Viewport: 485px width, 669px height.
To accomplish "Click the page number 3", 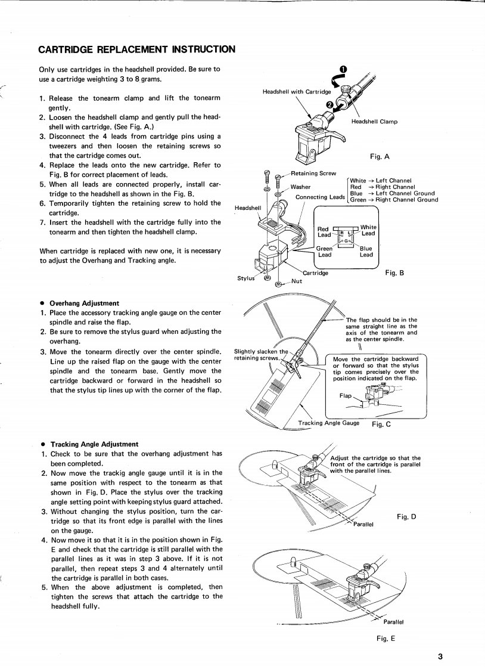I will pyautogui.click(x=440, y=656).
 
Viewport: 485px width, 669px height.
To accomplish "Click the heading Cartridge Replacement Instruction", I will pyautogui.click(x=136, y=48).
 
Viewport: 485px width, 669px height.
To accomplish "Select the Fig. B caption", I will pyautogui.click(x=394, y=273).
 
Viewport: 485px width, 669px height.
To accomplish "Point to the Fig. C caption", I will pyautogui.click(x=381, y=425).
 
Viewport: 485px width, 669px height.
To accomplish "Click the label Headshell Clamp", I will pyautogui.click(x=374, y=122).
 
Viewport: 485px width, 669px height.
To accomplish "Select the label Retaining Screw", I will pyautogui.click(x=313, y=174).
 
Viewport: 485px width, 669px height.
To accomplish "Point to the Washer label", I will pyautogui.click(x=300, y=187).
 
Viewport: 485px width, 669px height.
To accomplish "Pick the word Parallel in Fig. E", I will pyautogui.click(x=394, y=622).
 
